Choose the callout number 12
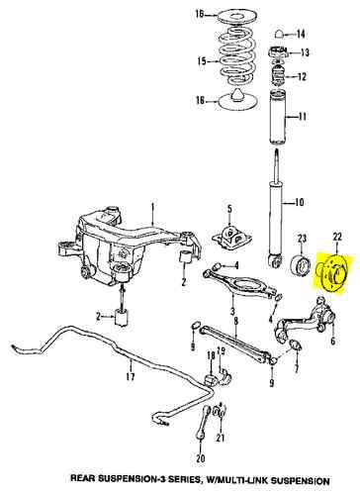[x=304, y=76]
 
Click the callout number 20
[x=200, y=460]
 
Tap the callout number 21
[x=221, y=438]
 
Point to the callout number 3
[x=233, y=317]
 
